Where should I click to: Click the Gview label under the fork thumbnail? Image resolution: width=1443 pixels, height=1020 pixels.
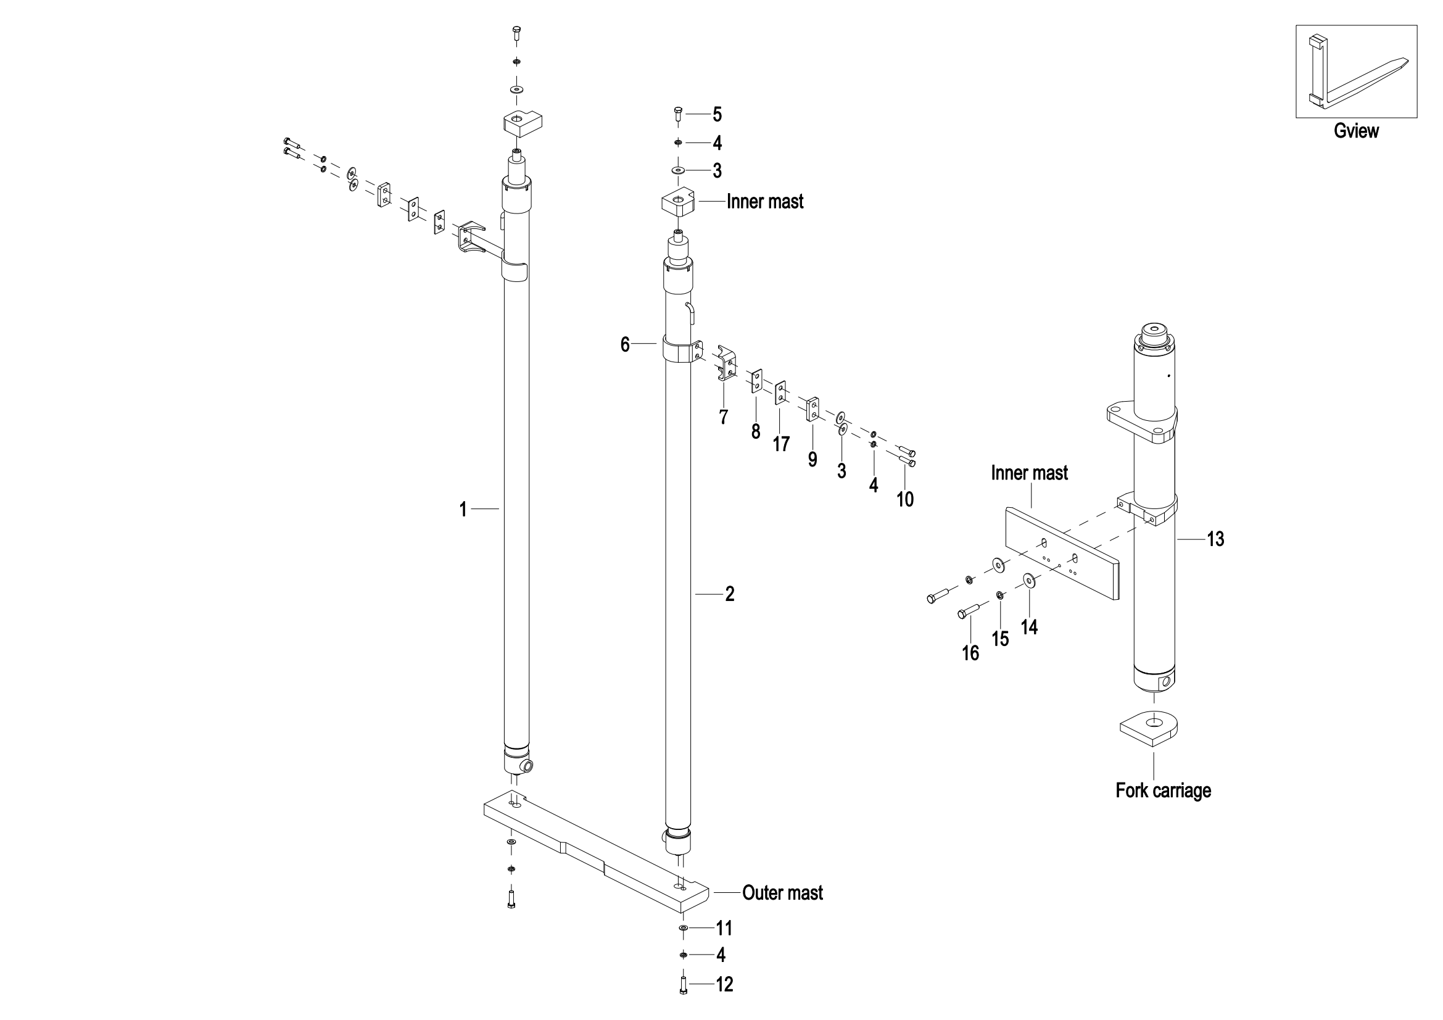[1356, 131]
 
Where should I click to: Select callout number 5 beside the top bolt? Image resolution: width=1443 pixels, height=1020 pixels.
[717, 114]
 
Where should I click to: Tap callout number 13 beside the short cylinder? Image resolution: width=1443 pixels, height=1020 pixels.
[1215, 539]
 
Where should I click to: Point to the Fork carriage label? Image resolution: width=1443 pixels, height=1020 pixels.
[1163, 790]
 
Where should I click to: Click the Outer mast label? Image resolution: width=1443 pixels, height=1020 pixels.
[782, 892]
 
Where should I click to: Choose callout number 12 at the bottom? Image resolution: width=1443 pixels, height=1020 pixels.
[725, 984]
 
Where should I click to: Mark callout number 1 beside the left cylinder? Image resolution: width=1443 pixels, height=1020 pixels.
[463, 509]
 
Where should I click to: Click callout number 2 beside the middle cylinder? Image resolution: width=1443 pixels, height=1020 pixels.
[730, 594]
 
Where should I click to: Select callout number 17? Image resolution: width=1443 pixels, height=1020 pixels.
[781, 444]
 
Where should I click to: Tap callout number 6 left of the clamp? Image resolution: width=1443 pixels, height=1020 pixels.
[625, 344]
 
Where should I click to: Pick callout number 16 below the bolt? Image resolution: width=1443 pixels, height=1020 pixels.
[970, 653]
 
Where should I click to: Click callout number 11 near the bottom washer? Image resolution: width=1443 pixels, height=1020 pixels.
[725, 928]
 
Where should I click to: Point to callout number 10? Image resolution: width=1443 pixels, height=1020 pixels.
[905, 499]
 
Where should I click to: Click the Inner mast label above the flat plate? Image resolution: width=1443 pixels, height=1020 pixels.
[1029, 473]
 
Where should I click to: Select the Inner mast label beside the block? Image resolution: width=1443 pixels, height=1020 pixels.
[765, 201]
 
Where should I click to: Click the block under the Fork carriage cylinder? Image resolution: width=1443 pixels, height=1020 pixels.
[1148, 728]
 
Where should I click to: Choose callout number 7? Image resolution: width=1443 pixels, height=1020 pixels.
[724, 417]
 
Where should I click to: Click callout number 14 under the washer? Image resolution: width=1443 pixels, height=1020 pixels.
[1029, 626]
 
